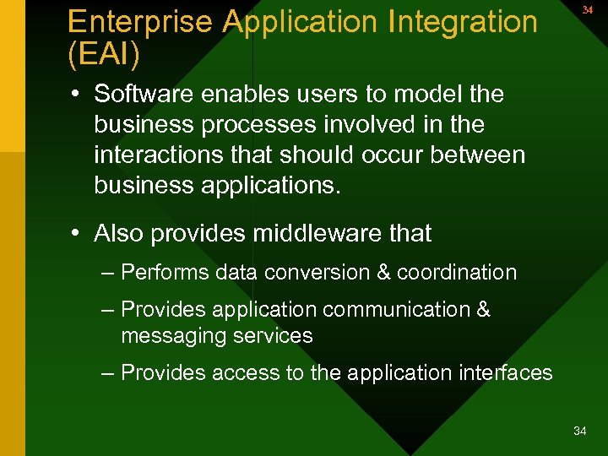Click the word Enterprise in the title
(140, 22)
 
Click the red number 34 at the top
(587, 10)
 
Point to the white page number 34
(579, 432)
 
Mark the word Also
(119, 233)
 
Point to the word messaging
(170, 335)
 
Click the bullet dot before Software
(76, 95)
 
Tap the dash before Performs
(106, 273)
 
